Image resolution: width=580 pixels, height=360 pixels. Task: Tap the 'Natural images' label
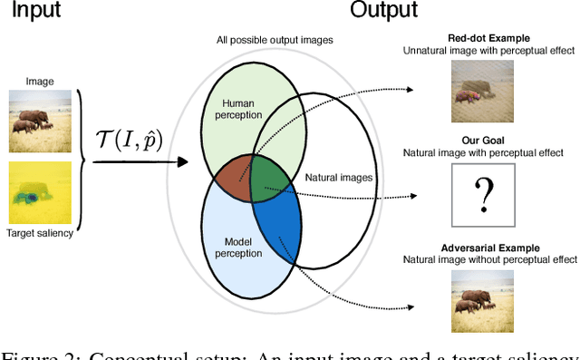coord(338,177)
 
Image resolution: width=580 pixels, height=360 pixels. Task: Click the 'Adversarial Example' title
coord(491,248)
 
